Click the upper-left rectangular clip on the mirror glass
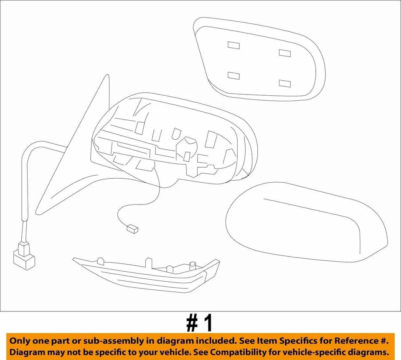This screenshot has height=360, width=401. pos(233,45)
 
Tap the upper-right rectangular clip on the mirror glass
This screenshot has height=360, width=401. pos(285,53)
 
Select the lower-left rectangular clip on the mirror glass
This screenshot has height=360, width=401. pos(233,75)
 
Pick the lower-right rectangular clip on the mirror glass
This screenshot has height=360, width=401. pos(284,83)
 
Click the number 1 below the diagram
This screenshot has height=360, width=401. pos(208,323)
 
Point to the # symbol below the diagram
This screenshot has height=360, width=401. pos(192,323)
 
